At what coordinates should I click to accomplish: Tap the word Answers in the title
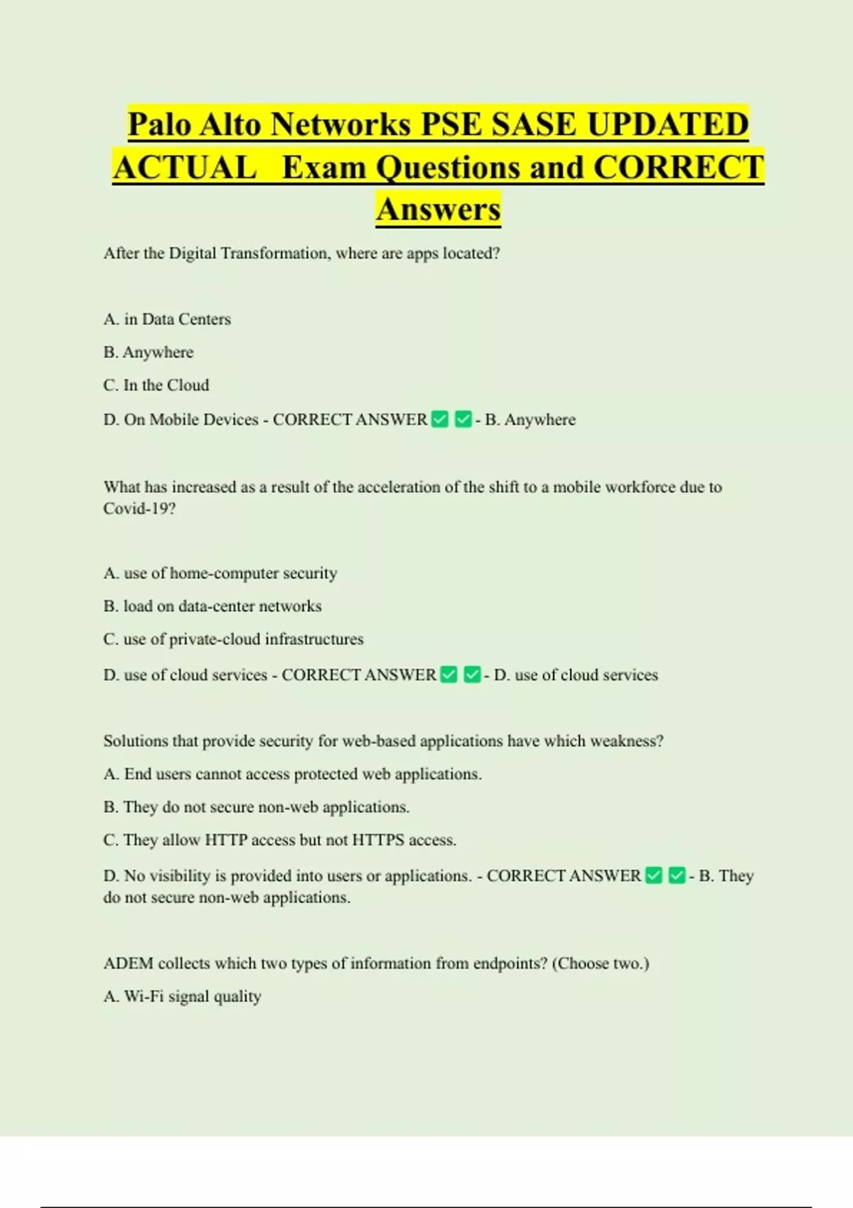pos(439,210)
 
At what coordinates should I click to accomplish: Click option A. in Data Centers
pos(167,320)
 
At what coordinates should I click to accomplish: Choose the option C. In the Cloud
pos(156,385)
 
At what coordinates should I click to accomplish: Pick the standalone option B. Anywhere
pos(148,352)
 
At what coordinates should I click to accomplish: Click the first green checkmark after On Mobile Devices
pos(440,419)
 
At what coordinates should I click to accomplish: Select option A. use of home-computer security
pos(220,573)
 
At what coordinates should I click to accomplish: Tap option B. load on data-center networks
pos(213,606)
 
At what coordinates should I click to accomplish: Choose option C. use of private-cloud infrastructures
pos(233,640)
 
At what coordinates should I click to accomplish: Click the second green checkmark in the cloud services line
pos(472,674)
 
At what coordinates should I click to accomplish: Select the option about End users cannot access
pos(292,774)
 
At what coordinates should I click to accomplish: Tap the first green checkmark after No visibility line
pos(654,875)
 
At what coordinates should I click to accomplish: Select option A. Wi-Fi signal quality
pos(182,997)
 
